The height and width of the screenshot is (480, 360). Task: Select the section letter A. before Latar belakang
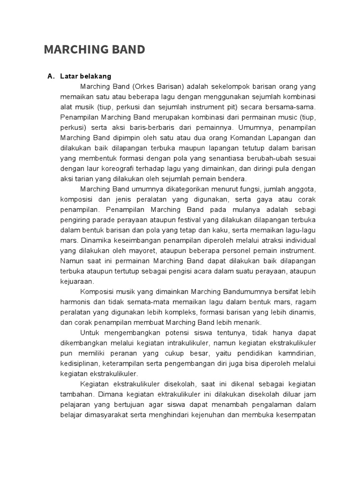51,76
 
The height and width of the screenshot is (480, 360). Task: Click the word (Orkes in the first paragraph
142,87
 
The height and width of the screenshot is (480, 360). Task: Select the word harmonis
77,301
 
